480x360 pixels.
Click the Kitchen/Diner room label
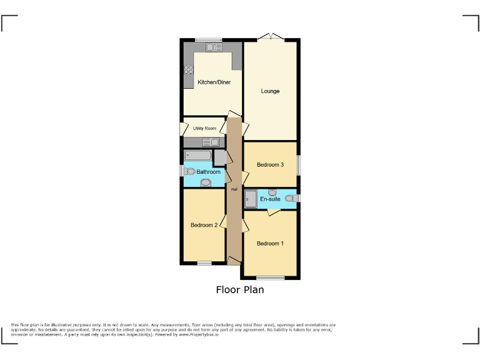click(213, 82)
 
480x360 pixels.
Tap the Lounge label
click(270, 91)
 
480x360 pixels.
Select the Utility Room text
click(204, 128)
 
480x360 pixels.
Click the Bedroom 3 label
click(270, 164)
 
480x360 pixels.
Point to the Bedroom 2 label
click(204, 225)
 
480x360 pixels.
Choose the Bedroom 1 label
click(270, 243)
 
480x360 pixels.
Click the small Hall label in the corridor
click(234, 189)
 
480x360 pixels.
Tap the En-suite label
click(270, 199)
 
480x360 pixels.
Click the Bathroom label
click(209, 172)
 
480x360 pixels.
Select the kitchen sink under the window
click(214, 47)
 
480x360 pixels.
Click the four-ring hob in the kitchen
click(189, 70)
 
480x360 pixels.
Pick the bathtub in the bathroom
click(198, 156)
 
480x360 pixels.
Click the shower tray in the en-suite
click(250, 199)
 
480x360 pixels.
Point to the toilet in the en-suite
click(289, 199)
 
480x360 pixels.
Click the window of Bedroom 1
click(270, 277)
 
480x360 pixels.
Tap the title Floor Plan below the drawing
click(240, 289)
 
